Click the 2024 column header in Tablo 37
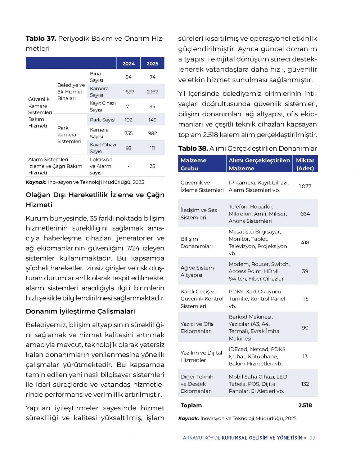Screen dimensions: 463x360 (129, 63)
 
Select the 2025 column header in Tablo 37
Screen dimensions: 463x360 (152, 63)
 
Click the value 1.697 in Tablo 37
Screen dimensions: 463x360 (128, 92)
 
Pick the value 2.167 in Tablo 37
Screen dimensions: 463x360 (152, 92)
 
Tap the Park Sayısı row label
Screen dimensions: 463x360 (103, 120)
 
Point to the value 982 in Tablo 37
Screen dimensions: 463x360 (152, 133)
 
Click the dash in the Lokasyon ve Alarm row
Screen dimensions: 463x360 (129, 166)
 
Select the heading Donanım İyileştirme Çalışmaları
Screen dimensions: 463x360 (80, 311)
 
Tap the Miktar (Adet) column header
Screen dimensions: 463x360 (305, 164)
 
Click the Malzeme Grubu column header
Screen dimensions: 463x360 (193, 164)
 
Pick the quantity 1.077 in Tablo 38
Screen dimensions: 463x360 (305, 186)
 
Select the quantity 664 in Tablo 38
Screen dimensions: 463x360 (305, 214)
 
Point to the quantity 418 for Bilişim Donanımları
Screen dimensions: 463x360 (305, 242)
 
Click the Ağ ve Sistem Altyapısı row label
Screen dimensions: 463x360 (197, 271)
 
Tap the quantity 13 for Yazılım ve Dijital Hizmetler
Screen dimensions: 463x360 (305, 356)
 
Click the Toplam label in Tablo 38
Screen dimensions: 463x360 (191, 405)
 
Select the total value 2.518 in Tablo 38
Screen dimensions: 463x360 (305, 405)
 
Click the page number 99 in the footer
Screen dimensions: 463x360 (312, 438)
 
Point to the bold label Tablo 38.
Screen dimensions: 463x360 (193, 148)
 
